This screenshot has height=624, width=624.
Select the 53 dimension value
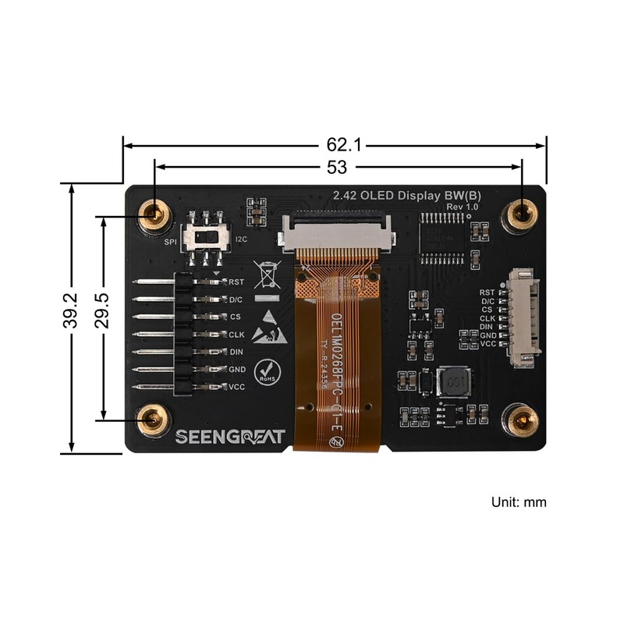point(338,166)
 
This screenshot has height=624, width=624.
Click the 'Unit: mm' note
point(519,502)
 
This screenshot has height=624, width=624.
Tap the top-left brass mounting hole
point(154,213)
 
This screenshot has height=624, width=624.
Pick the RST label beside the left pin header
point(236,282)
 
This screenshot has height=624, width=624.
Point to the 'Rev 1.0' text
point(460,205)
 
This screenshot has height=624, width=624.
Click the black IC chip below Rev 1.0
point(440,236)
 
